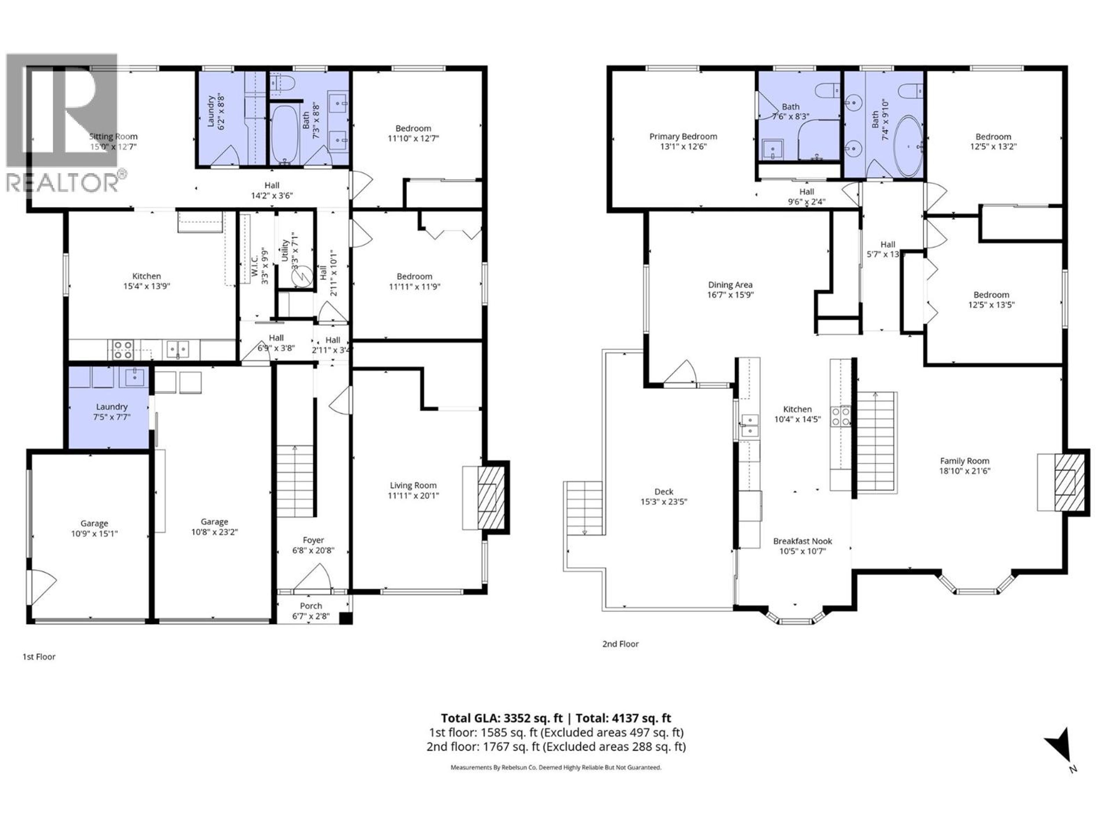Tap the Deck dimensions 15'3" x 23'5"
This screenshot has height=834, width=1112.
click(x=664, y=502)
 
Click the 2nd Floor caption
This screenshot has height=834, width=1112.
click(x=620, y=644)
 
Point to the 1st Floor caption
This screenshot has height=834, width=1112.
click(x=39, y=656)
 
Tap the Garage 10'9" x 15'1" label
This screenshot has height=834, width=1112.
click(x=94, y=523)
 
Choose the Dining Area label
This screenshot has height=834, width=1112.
click(x=730, y=285)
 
